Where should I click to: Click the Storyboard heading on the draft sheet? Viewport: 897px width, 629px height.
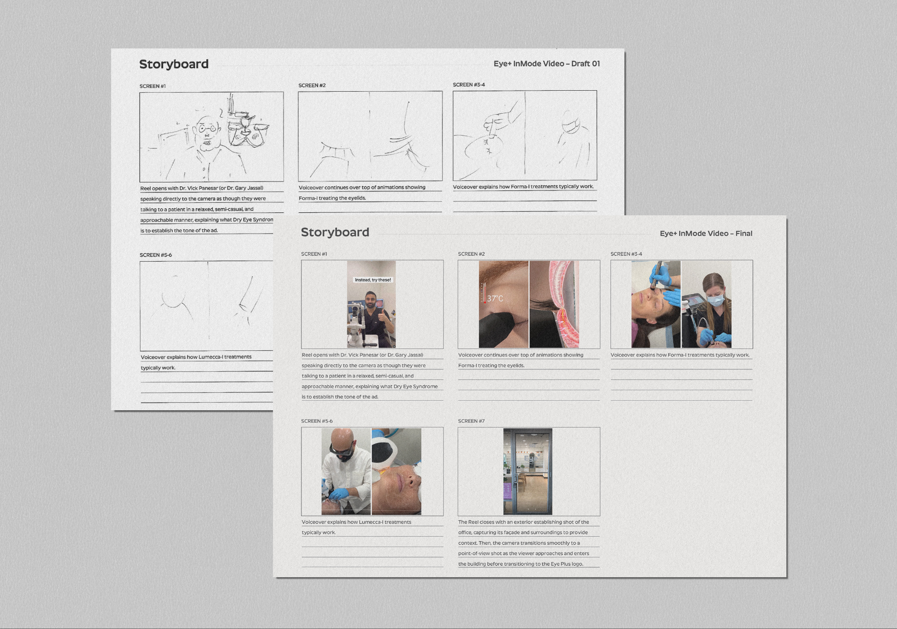[x=174, y=64]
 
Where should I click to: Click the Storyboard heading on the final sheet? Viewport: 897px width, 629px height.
[x=335, y=232]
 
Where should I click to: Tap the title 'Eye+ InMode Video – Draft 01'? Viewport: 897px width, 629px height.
[x=547, y=64]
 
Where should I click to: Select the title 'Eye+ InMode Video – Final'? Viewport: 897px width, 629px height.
[x=706, y=233]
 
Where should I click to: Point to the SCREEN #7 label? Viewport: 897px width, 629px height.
[x=471, y=421]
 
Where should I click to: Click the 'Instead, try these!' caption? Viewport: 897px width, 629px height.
[x=373, y=280]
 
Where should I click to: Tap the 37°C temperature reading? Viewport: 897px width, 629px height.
[x=495, y=299]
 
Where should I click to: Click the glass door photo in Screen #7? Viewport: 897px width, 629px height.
[x=528, y=472]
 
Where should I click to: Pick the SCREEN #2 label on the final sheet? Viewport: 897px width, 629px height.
[x=471, y=254]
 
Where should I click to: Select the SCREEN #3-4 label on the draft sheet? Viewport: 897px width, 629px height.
[x=469, y=85]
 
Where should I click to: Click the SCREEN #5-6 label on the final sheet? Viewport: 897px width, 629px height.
[x=317, y=421]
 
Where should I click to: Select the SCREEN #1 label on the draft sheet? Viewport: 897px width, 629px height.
[x=152, y=86]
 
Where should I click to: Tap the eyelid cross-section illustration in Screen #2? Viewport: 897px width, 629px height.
[x=554, y=304]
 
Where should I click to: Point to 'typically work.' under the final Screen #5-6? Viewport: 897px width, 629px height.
[x=318, y=533]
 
